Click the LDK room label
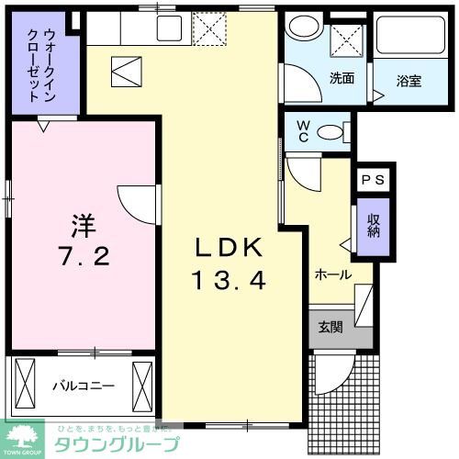(229, 247)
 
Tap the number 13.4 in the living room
(229, 279)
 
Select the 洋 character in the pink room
(84, 223)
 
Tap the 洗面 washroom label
(341, 78)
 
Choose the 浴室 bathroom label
(409, 82)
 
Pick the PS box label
(373, 180)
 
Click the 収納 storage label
(373, 226)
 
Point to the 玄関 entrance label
(330, 327)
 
